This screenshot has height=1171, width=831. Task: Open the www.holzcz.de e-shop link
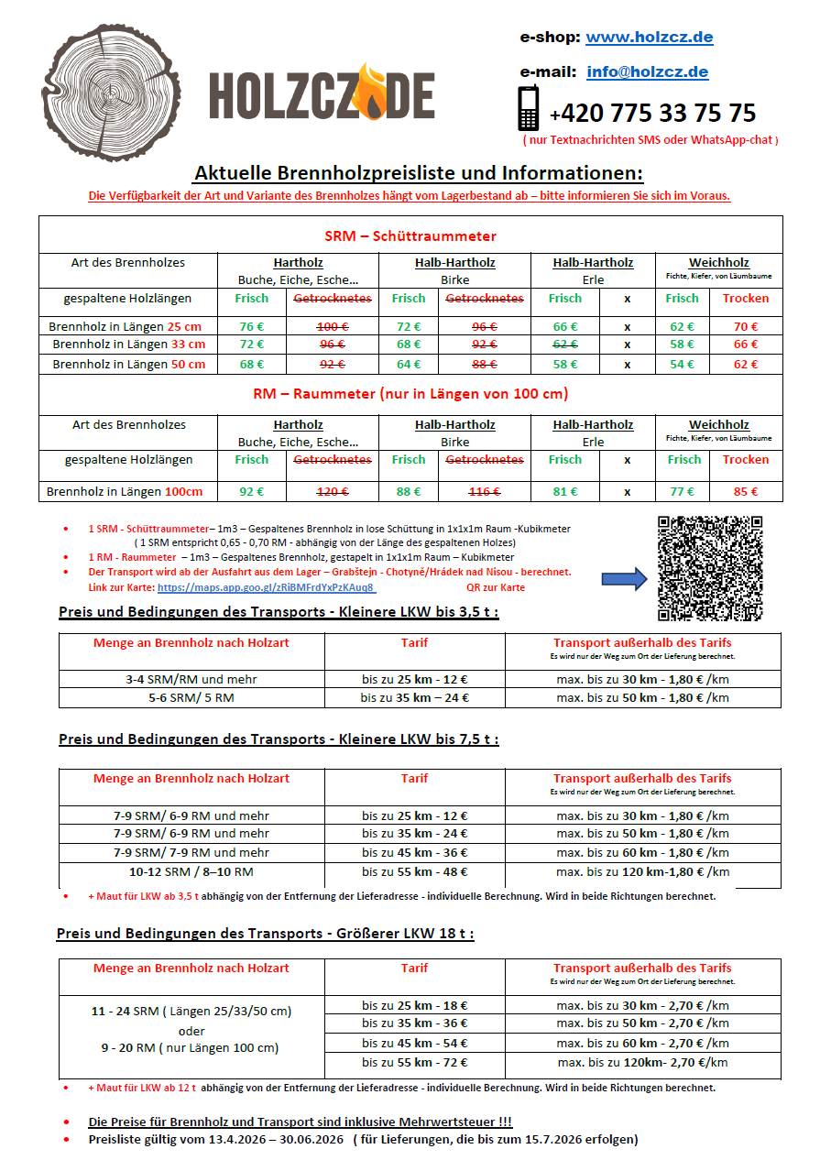[x=649, y=38]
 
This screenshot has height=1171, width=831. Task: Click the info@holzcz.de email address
[x=647, y=71]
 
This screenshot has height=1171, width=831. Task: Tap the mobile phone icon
[x=529, y=108]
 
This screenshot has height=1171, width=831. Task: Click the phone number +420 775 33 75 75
[x=652, y=114]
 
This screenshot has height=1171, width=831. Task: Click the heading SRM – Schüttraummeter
[x=410, y=236]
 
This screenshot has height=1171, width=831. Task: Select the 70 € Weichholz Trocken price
[x=746, y=326]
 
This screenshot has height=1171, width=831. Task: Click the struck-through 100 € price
[x=332, y=326]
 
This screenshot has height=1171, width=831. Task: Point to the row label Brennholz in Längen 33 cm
[x=128, y=345]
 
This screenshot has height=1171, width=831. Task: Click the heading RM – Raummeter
[x=410, y=394]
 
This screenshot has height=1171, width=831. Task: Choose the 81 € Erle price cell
[x=564, y=491]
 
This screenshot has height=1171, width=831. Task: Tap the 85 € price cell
[x=746, y=491]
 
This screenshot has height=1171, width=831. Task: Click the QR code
[x=710, y=568]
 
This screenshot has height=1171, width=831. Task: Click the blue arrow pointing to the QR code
[x=624, y=578]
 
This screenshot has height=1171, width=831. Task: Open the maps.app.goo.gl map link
[x=266, y=587]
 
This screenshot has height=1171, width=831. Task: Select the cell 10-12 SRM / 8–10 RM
[x=191, y=872]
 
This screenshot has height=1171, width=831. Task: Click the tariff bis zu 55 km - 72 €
[x=414, y=1062]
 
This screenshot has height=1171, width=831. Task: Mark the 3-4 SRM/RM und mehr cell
[x=191, y=679]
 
